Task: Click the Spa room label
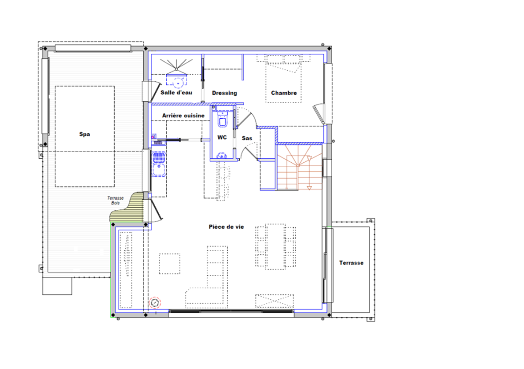(x=84, y=134)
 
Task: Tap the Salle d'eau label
(x=176, y=92)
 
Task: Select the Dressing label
(x=224, y=93)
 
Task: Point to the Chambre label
(x=283, y=93)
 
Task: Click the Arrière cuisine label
(x=183, y=115)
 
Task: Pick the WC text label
(x=222, y=137)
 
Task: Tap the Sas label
(x=247, y=138)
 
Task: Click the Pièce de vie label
(x=226, y=227)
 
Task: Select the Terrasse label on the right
(x=351, y=263)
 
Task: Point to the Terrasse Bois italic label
(x=115, y=201)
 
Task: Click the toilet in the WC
(x=223, y=120)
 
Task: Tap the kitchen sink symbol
(x=159, y=164)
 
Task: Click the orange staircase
(x=299, y=167)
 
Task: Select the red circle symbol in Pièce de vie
(x=155, y=303)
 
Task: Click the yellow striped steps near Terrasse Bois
(x=128, y=207)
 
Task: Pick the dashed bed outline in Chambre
(x=283, y=79)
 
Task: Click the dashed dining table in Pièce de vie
(x=276, y=247)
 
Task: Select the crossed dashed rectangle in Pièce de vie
(x=275, y=301)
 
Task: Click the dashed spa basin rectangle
(x=84, y=136)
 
